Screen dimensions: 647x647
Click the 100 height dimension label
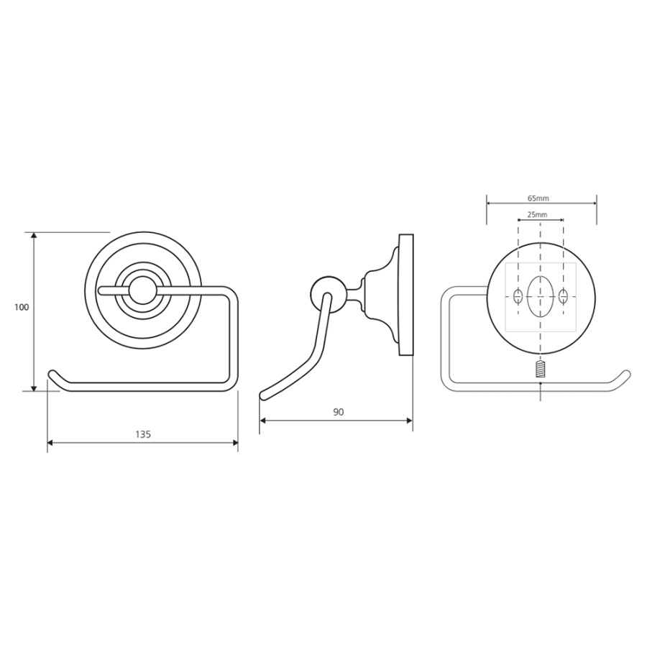point(22,307)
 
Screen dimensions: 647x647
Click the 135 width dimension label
point(143,434)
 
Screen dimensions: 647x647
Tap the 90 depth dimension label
point(338,412)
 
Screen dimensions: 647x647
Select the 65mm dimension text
point(538,198)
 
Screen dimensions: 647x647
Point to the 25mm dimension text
point(537,214)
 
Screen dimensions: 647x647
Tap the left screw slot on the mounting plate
point(518,296)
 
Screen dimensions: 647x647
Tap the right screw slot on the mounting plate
point(563,296)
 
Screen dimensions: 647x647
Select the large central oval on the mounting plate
point(541,297)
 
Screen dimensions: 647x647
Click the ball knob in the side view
point(324,291)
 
